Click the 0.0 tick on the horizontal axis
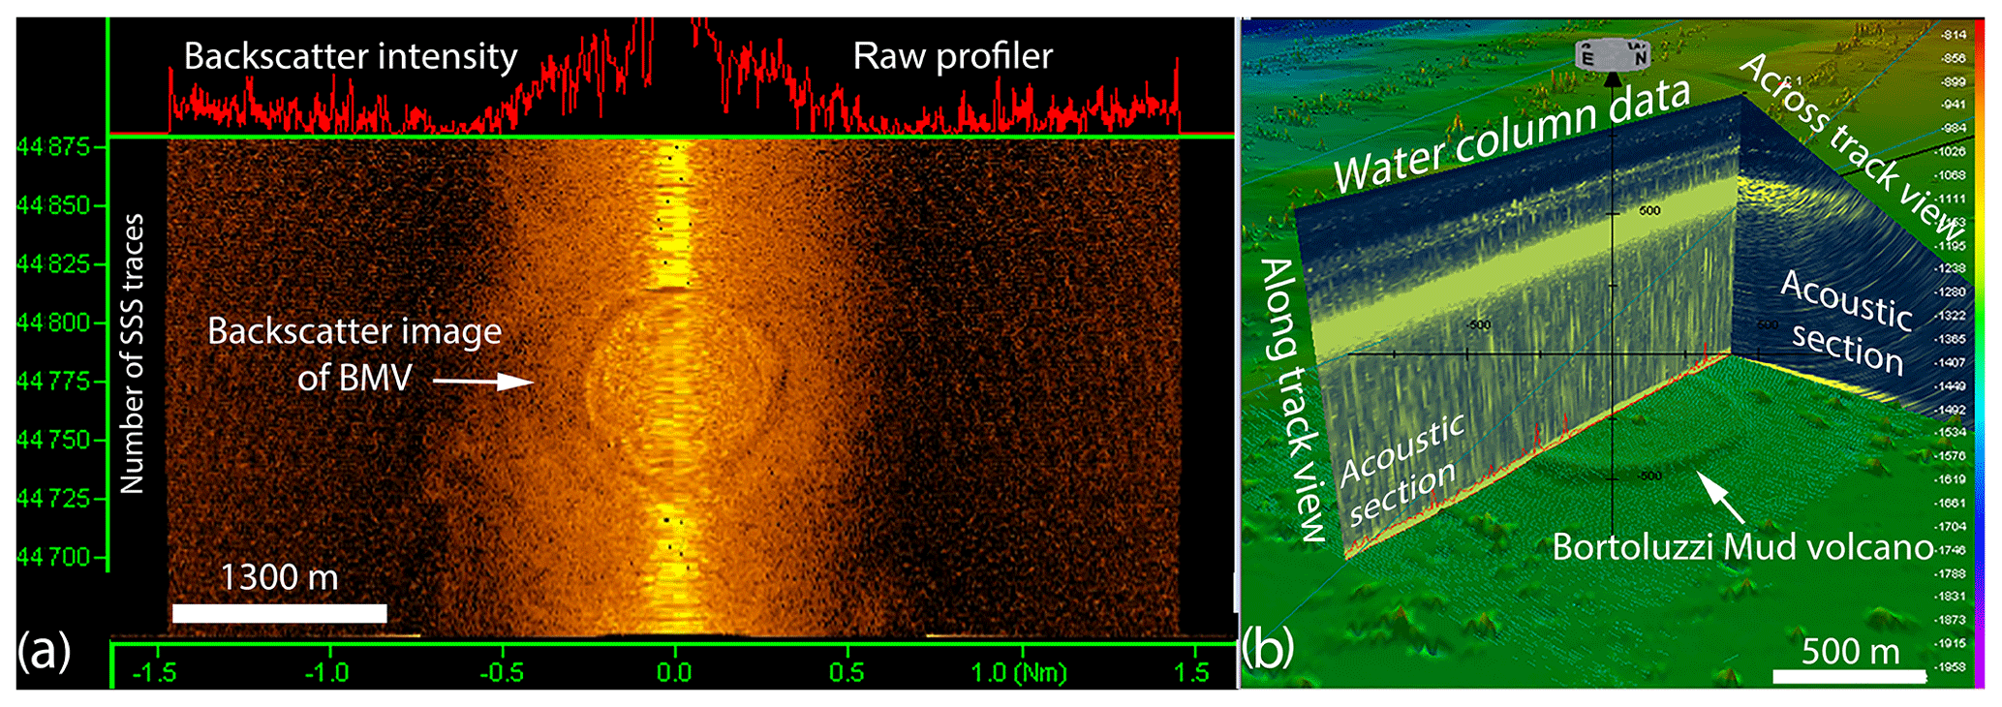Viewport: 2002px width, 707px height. tap(674, 672)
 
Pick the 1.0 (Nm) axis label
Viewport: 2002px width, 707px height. tap(1017, 672)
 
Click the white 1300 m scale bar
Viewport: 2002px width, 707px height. tap(279, 613)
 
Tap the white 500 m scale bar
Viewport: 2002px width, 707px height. tap(1849, 676)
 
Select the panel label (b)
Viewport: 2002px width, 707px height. tap(1268, 649)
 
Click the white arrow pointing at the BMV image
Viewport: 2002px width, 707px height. tap(483, 382)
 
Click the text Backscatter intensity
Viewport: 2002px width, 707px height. tap(351, 56)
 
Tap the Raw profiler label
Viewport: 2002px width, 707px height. tap(952, 56)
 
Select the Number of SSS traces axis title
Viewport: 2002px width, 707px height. tap(132, 353)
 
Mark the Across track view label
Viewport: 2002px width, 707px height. tap(1850, 145)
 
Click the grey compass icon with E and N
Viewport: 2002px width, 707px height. tap(1612, 55)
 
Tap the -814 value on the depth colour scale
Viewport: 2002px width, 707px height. tap(1953, 35)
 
